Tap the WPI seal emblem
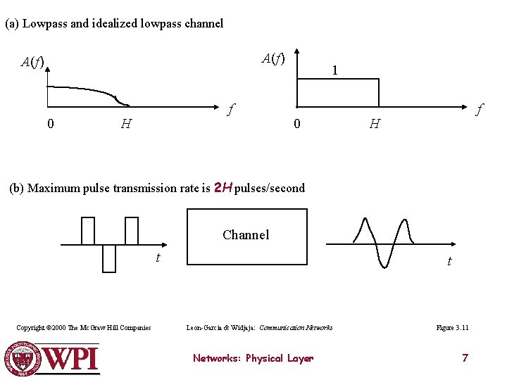(x=20, y=359)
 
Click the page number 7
(x=465, y=358)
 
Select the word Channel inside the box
(x=246, y=234)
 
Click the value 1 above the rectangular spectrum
(x=335, y=70)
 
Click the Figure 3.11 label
(x=452, y=328)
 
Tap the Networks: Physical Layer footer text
(x=253, y=358)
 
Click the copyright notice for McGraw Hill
(x=84, y=328)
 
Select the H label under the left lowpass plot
(x=125, y=125)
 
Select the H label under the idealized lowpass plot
(x=375, y=125)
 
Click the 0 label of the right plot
(x=297, y=125)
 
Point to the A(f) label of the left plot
(x=32, y=62)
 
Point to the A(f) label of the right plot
(x=273, y=58)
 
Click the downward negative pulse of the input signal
(x=109, y=258)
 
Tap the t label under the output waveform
(x=449, y=262)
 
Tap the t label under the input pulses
(x=158, y=258)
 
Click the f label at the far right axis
(x=479, y=110)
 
